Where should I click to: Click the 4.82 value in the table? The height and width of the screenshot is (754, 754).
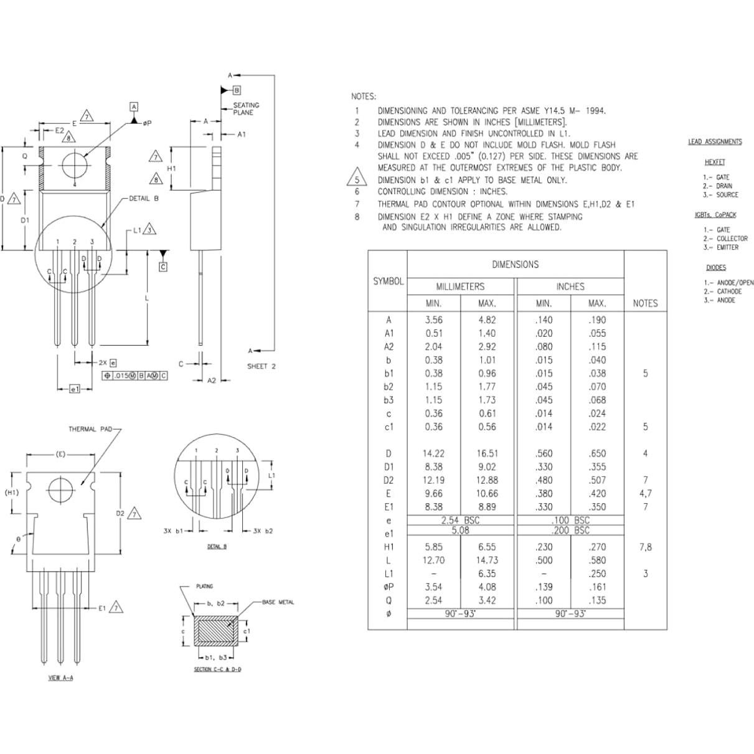(487, 320)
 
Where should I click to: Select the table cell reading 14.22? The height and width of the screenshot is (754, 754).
(433, 454)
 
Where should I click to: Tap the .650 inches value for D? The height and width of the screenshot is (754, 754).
(596, 454)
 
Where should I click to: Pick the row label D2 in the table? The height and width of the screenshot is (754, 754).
(389, 480)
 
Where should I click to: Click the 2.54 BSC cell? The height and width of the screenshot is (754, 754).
(460, 520)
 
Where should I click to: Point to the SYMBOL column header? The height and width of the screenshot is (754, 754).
(389, 281)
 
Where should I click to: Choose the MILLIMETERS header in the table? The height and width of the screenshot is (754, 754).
(460, 286)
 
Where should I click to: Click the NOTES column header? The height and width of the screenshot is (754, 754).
(645, 303)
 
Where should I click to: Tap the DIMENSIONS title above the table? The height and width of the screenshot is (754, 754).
(515, 265)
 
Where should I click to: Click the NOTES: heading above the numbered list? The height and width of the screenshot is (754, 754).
(364, 97)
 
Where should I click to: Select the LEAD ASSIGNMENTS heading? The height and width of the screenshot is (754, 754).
(715, 142)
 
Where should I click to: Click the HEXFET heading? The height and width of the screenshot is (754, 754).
(715, 163)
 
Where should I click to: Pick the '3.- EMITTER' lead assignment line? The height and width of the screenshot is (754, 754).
(721, 247)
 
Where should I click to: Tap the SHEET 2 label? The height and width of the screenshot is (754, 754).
(261, 366)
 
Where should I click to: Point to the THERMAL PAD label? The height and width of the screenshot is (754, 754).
(91, 429)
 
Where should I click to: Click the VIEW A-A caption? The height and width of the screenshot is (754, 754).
(60, 677)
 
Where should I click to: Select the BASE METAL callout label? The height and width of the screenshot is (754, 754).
(278, 602)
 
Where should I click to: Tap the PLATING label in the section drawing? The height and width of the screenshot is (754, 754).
(204, 587)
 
